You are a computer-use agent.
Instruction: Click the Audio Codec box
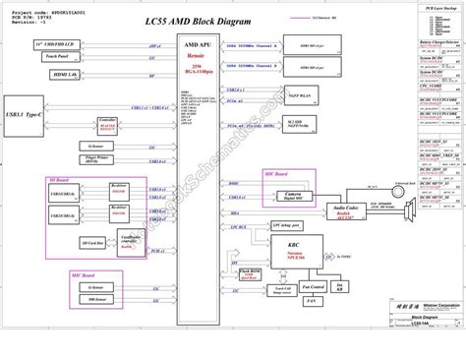pos(346,210)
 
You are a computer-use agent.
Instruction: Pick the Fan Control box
pos(314,287)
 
